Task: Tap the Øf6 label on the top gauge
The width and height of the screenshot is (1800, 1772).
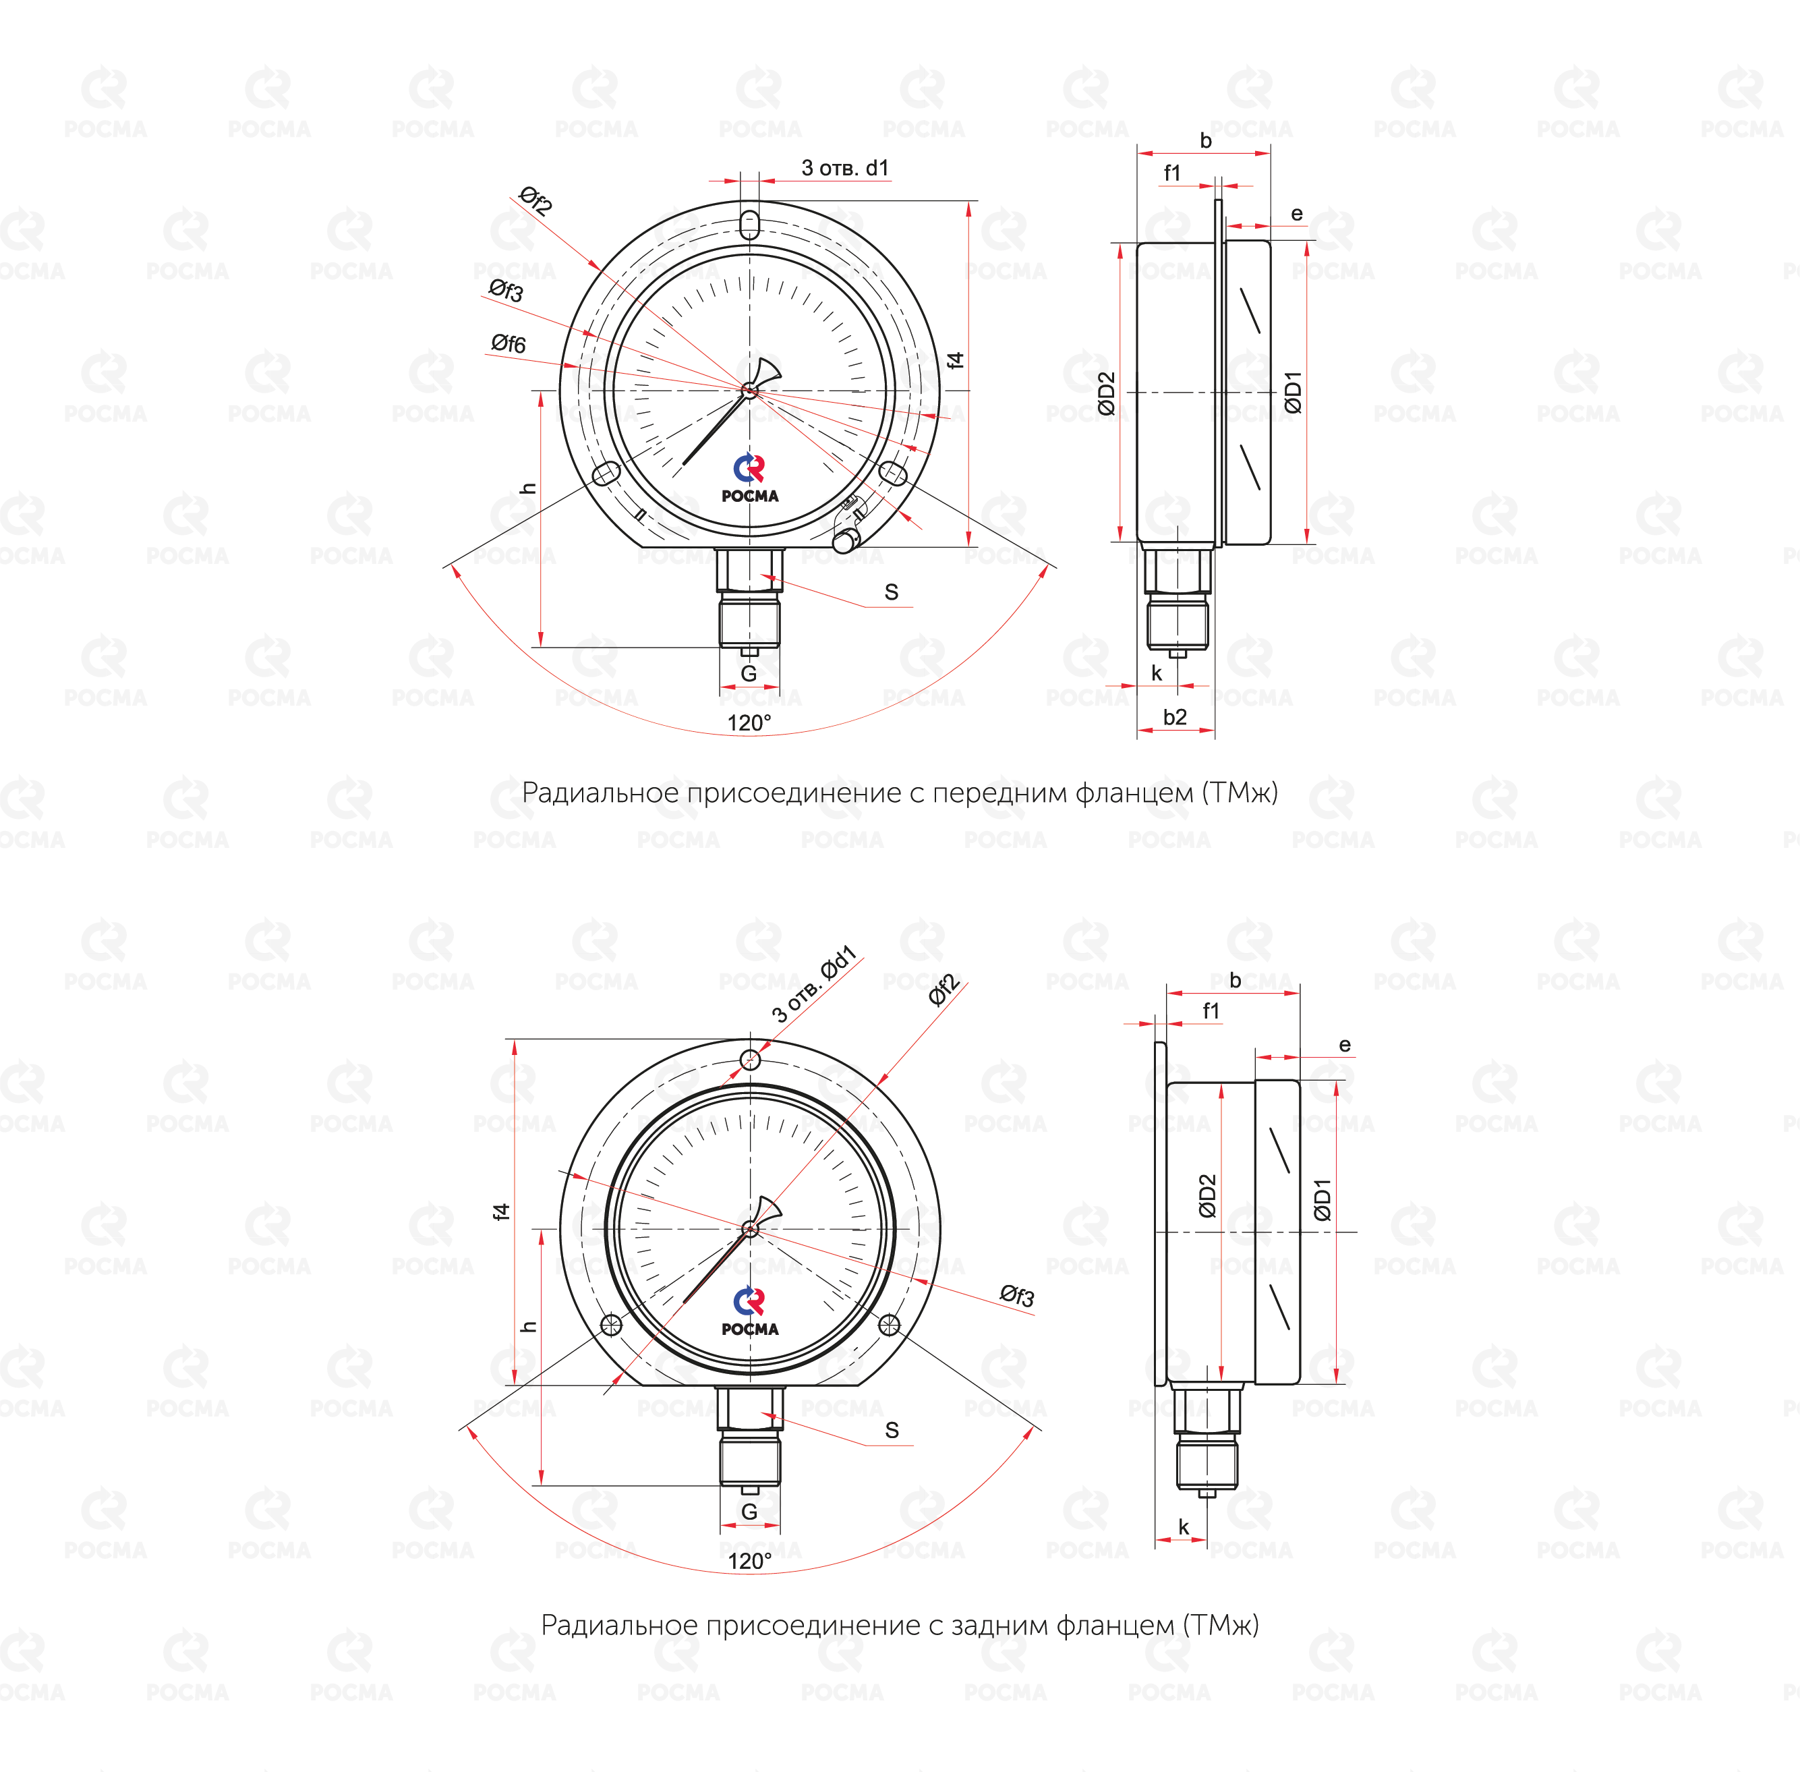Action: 509,344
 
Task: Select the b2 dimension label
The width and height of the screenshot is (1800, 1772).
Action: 1175,716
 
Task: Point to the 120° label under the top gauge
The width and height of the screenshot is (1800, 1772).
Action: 749,722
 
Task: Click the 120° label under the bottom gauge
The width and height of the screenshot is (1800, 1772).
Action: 749,1561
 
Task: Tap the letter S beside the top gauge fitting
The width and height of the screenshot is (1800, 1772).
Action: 892,592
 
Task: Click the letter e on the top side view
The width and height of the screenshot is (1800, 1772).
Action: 1296,214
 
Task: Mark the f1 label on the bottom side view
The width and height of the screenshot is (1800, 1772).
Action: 1211,1010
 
